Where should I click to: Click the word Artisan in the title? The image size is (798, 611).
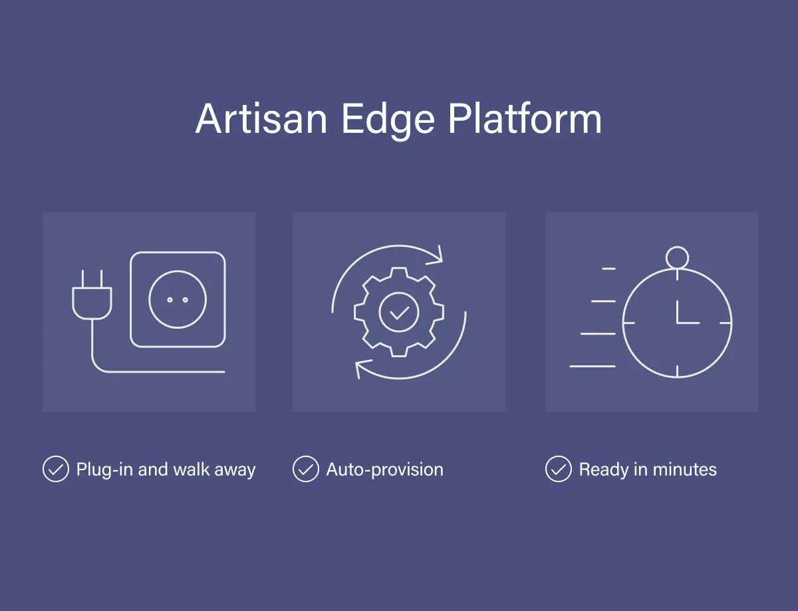(x=261, y=120)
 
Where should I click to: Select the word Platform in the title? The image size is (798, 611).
(x=525, y=120)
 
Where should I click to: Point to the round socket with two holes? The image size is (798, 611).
(x=178, y=300)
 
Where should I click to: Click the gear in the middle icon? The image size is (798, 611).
(x=399, y=311)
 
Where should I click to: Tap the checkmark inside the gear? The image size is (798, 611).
(x=399, y=311)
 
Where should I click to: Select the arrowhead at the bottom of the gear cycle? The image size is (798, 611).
(x=362, y=368)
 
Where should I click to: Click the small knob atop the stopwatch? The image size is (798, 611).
(x=677, y=256)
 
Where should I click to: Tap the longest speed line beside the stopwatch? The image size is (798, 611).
(x=593, y=366)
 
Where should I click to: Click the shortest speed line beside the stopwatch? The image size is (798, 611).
(x=608, y=268)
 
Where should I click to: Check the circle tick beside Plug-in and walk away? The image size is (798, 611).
(x=55, y=469)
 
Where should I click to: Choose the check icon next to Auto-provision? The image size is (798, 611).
(x=305, y=469)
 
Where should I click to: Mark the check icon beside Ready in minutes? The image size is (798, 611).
(x=558, y=469)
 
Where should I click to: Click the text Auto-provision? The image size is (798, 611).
(x=384, y=470)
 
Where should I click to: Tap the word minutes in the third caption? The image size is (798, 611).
(x=684, y=470)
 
